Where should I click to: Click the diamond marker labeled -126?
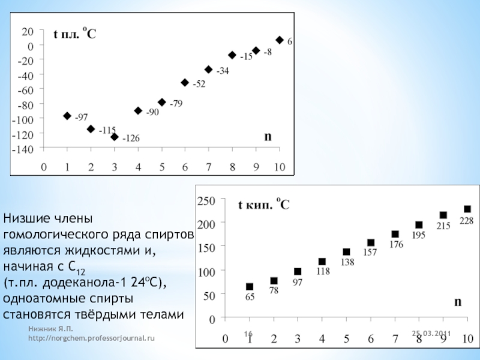(x=114, y=137)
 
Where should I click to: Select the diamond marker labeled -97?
(x=67, y=116)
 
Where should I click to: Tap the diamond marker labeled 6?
(x=280, y=40)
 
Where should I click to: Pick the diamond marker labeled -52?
(x=185, y=83)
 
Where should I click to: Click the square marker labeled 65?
(x=250, y=287)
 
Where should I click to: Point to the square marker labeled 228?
(x=467, y=209)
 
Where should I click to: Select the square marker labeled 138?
(x=346, y=252)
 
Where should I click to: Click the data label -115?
(x=107, y=130)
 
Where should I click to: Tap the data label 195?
(x=418, y=236)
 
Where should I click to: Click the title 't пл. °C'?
(x=75, y=35)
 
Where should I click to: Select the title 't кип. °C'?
(x=265, y=205)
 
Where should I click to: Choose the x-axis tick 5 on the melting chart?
(x=161, y=167)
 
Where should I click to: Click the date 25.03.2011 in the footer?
(x=431, y=333)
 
